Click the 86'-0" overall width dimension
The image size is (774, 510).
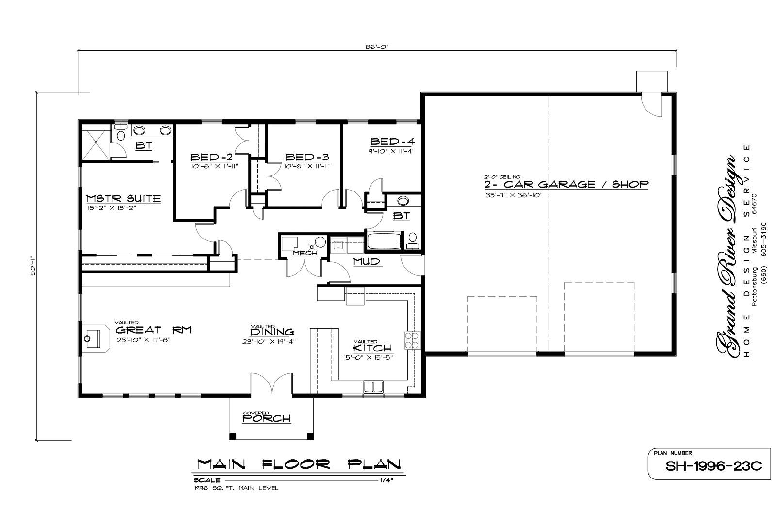[377, 47]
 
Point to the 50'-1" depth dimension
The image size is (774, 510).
[33, 266]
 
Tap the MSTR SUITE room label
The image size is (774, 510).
[123, 199]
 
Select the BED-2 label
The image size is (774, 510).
[211, 157]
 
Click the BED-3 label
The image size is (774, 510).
[307, 157]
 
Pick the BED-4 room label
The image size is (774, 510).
[392, 142]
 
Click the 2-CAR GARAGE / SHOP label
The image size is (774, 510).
[566, 185]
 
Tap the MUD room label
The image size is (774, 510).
[366, 262]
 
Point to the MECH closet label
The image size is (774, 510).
[305, 253]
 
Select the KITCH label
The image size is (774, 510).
[372, 348]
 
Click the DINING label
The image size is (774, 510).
[272, 332]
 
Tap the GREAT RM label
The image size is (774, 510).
[153, 330]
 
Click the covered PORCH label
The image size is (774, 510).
[266, 419]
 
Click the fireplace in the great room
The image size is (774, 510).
[96, 338]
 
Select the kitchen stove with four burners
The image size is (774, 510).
[413, 340]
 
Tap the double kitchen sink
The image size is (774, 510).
[373, 387]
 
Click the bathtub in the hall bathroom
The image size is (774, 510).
[384, 241]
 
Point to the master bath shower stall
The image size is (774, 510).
[96, 145]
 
